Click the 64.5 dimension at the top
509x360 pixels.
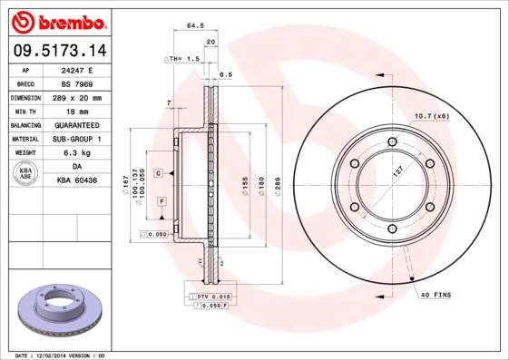tap(194, 26)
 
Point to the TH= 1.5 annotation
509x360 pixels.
tap(184, 58)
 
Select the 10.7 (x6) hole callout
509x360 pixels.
tap(432, 115)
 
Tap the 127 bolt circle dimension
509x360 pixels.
tap(397, 171)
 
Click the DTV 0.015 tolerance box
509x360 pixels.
tap(210, 297)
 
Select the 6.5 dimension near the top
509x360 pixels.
tap(227, 74)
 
